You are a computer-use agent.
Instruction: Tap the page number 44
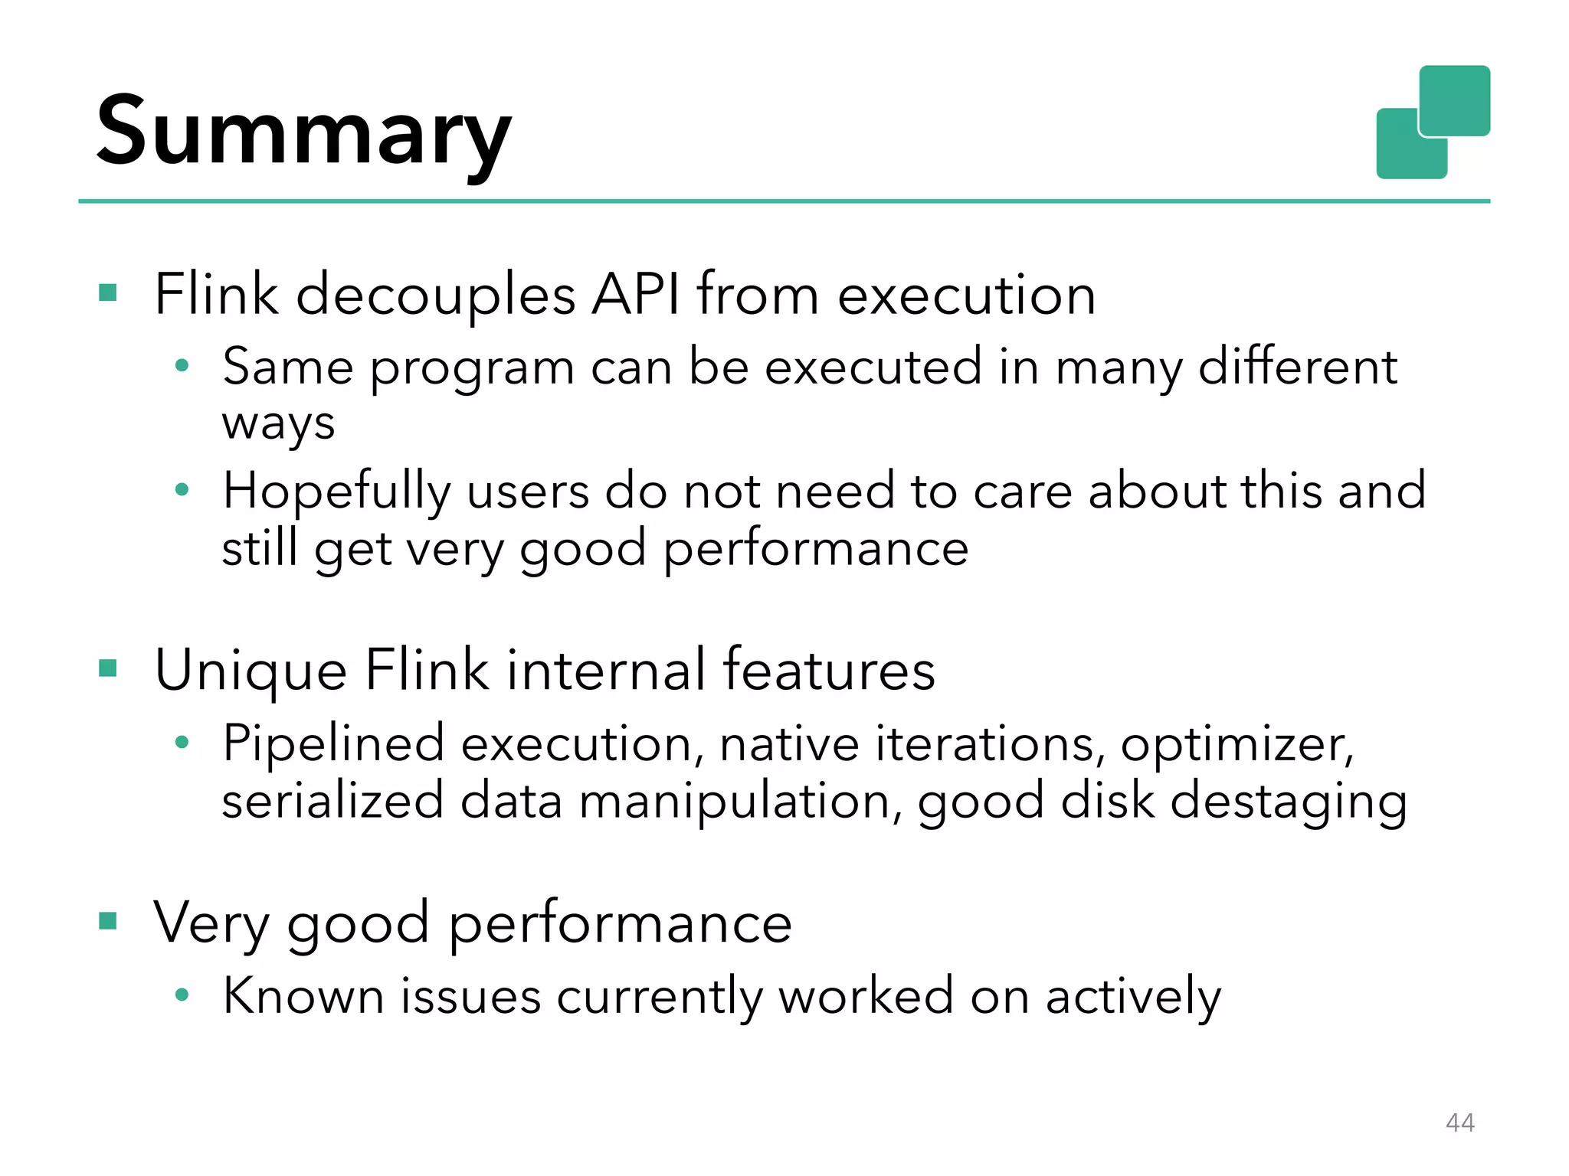coord(1459,1122)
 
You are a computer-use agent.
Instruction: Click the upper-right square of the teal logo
coord(1454,100)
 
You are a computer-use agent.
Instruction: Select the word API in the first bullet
coord(635,295)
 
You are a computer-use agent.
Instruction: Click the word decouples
coord(435,295)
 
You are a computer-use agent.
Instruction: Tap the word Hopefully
coord(336,492)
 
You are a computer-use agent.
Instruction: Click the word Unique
coord(251,671)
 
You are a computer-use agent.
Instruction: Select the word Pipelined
coord(333,744)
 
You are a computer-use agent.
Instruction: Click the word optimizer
coord(1236,744)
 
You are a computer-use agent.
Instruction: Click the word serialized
coord(332,801)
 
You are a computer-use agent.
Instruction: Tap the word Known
coord(303,996)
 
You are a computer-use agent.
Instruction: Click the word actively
coord(1133,998)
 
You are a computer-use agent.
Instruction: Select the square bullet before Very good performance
coord(108,920)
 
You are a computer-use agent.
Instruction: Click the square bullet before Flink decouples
coord(108,292)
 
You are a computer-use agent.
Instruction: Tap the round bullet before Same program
coord(182,366)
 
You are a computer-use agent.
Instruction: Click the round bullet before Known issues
coord(182,995)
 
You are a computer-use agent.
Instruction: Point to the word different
coord(1298,366)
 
